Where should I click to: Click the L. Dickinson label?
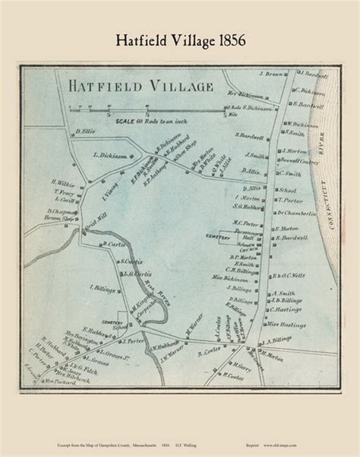click(x=110, y=156)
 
